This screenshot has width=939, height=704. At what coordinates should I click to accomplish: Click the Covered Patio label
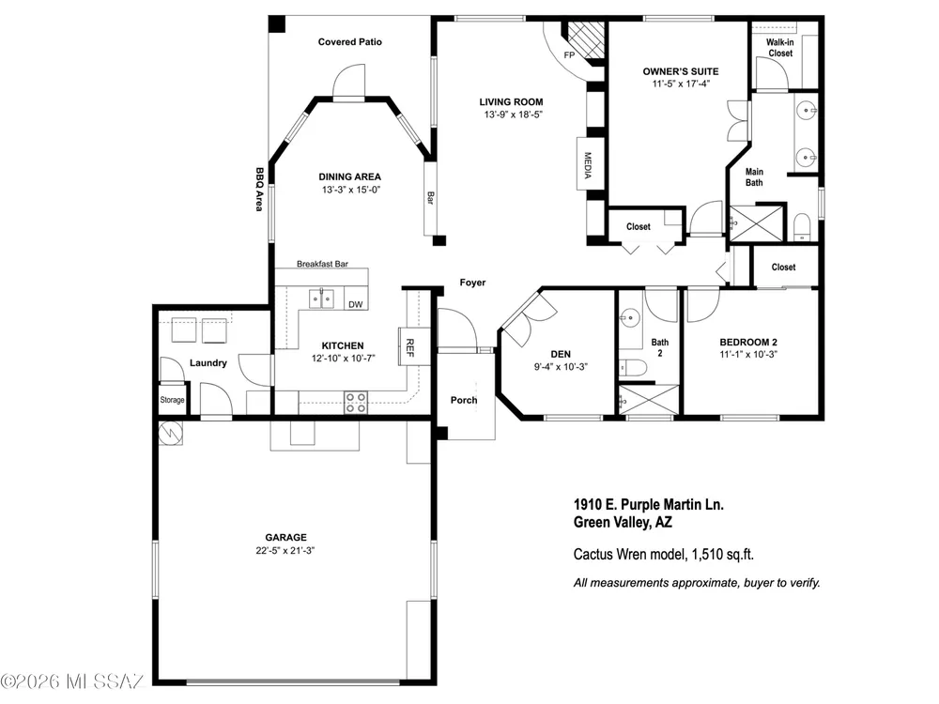point(349,42)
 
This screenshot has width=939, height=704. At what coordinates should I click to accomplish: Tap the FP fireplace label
point(569,55)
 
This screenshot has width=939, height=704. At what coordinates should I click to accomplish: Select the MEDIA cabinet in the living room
point(588,163)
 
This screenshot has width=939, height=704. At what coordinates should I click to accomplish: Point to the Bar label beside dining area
point(429,197)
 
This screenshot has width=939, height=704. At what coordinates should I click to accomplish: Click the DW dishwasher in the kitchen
point(356,304)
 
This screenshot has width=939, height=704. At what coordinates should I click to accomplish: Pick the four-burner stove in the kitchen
point(356,403)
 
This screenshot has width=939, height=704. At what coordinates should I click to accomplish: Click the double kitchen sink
point(321,298)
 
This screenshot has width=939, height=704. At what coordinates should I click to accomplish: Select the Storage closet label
point(172,400)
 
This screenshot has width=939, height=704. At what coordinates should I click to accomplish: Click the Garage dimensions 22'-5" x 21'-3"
point(285,551)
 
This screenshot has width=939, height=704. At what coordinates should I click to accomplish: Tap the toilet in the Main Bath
point(802,226)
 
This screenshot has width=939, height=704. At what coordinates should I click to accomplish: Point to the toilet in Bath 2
point(632,366)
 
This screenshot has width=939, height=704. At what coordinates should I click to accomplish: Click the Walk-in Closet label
point(780,48)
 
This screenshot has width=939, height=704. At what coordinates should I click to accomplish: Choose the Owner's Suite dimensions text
point(681,84)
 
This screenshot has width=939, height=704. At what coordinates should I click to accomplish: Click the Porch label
point(464,400)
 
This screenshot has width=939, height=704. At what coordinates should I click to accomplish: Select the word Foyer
point(472,283)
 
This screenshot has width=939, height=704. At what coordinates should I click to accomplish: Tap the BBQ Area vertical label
point(259,190)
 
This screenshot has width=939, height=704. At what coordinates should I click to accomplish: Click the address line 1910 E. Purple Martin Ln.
point(649,505)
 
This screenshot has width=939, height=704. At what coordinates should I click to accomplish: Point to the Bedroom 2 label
point(748,343)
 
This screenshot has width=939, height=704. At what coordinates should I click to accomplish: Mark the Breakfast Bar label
point(322,264)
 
